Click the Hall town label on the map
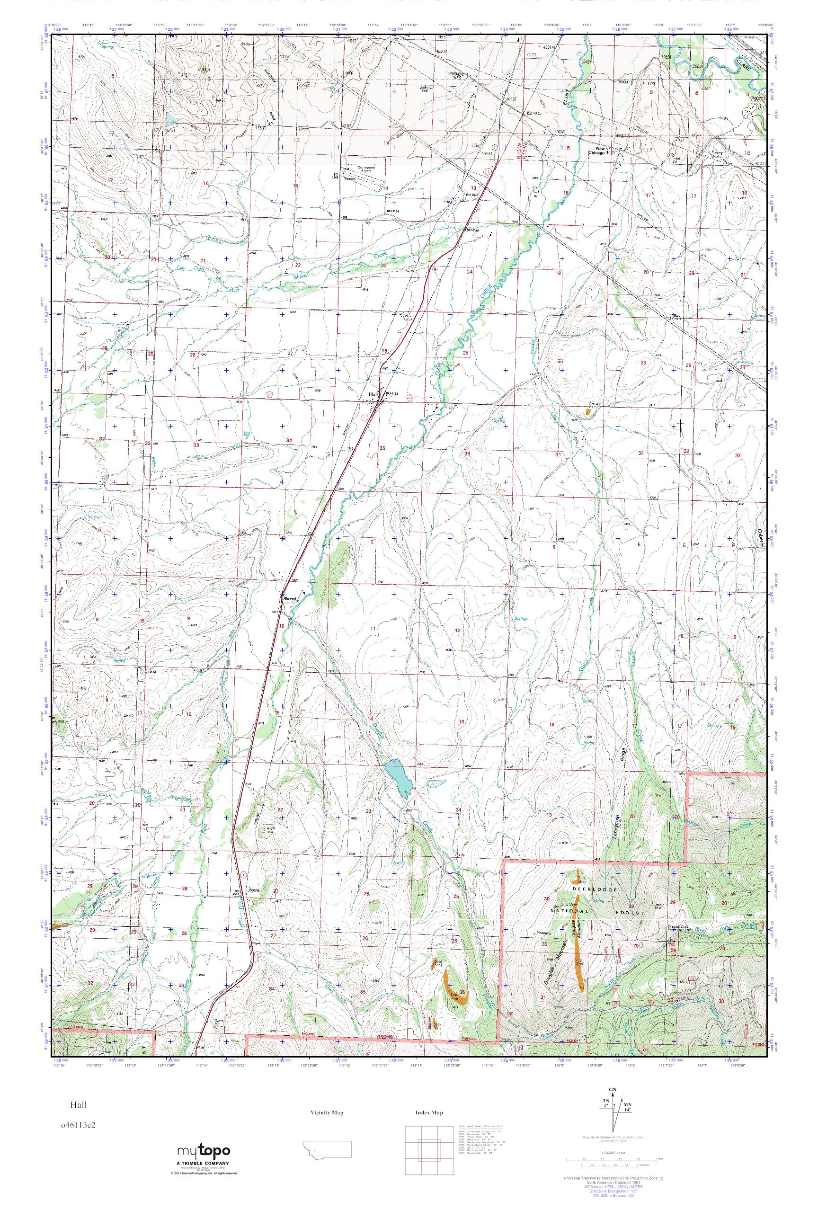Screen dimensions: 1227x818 coord(373,394)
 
